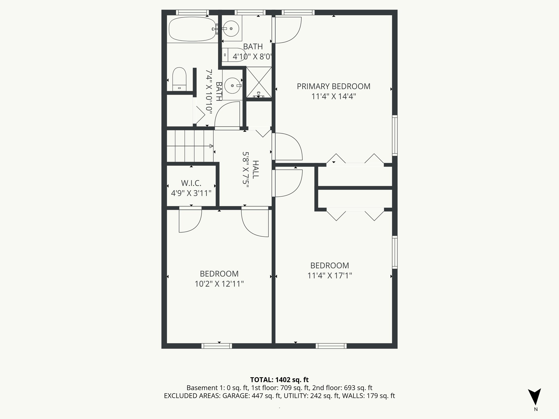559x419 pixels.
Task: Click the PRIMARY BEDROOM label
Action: pyautogui.click(x=334, y=86)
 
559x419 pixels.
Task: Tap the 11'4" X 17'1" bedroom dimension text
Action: pyautogui.click(x=329, y=276)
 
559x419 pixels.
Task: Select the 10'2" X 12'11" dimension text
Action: pyautogui.click(x=219, y=284)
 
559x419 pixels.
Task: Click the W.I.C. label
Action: pyautogui.click(x=191, y=183)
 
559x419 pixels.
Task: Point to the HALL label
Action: pyautogui.click(x=255, y=170)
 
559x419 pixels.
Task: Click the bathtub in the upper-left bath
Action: pyautogui.click(x=192, y=29)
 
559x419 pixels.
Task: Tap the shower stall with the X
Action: pyautogui.click(x=259, y=82)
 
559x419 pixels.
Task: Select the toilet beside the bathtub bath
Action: pyautogui.click(x=179, y=79)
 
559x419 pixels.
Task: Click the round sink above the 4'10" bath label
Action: pyautogui.click(x=231, y=28)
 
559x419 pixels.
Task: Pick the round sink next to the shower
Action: pyautogui.click(x=232, y=85)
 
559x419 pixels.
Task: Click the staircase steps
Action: pyautogui.click(x=190, y=146)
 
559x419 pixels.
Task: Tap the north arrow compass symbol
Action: pyautogui.click(x=534, y=397)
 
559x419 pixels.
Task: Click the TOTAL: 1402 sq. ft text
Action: pyautogui.click(x=279, y=380)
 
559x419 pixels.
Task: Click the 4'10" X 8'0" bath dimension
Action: pyautogui.click(x=252, y=57)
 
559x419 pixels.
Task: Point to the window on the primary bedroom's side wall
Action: pyautogui.click(x=395, y=135)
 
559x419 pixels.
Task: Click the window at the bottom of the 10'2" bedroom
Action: pyautogui.click(x=217, y=346)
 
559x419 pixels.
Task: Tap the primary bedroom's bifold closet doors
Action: pyautogui.click(x=355, y=161)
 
